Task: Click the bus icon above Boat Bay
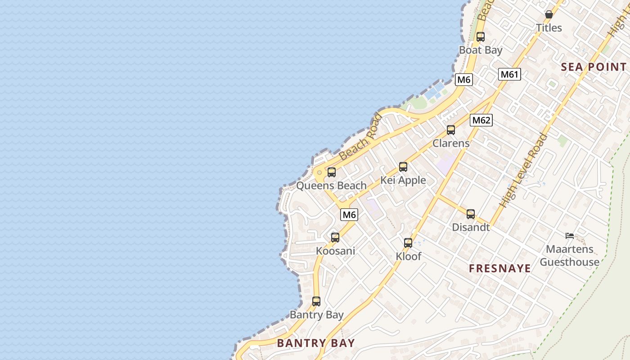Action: tap(481, 37)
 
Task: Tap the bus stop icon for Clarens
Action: tap(451, 130)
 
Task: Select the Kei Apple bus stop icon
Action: tap(403, 167)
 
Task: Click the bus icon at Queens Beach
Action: tap(332, 172)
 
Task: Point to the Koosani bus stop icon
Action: tap(335, 238)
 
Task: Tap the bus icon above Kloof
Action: tap(408, 243)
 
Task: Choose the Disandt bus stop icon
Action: tap(471, 214)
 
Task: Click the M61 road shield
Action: tap(509, 74)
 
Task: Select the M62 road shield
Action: tap(481, 120)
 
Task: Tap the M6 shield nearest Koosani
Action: tap(349, 215)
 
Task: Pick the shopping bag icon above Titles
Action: tap(549, 14)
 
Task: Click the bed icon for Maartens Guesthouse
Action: tap(570, 235)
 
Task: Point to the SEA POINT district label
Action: tap(594, 67)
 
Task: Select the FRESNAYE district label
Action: tap(500, 269)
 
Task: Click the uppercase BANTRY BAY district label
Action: tap(316, 343)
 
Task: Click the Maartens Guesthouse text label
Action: tap(570, 256)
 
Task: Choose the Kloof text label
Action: tap(409, 256)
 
